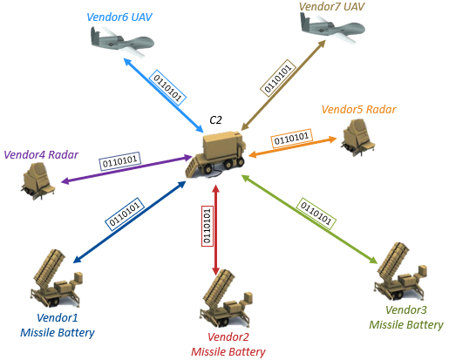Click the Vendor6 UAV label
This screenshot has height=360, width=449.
[x=119, y=17]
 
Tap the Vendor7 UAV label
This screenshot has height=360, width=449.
[x=331, y=7]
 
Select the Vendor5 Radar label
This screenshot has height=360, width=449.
[x=358, y=110]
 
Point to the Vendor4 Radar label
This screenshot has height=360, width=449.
[x=41, y=155]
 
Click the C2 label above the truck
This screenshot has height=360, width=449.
[x=215, y=120]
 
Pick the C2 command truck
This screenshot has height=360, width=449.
[x=215, y=155]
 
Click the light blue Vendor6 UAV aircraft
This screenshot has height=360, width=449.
[x=121, y=42]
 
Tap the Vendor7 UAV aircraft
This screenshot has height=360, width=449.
[x=332, y=28]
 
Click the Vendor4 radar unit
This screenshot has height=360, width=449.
[x=38, y=180]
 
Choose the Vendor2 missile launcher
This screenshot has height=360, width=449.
[x=226, y=298]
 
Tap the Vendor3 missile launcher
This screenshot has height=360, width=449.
[x=400, y=272]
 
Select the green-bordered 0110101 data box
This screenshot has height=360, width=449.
[x=316, y=214]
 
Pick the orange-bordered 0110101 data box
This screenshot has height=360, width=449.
[x=291, y=139]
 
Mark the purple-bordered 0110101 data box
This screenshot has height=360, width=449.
[x=119, y=160]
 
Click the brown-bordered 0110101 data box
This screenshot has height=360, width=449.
[x=278, y=78]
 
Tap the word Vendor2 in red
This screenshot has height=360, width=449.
[x=228, y=337]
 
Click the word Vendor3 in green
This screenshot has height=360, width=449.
[x=406, y=310]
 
